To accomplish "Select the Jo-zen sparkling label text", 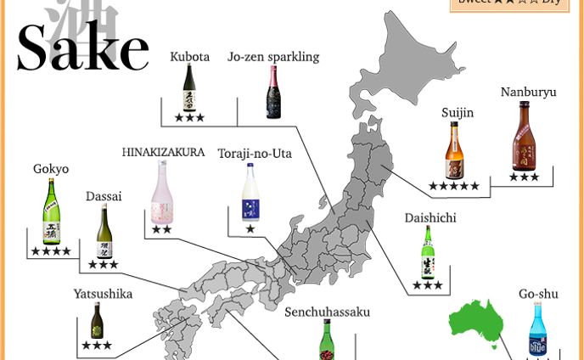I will pos(273,57).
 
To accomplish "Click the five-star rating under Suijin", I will pos(454,186).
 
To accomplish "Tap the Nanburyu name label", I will pos(529,92).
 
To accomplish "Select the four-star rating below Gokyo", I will pos(52,251).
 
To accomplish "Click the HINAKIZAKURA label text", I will pos(163,153).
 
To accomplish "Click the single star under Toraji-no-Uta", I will pos(250,229).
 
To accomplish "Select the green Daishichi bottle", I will pos(429,252).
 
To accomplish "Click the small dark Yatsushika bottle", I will pos(98,321).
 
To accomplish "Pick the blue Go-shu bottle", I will pos(537,329).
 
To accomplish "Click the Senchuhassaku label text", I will pos(327,312).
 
